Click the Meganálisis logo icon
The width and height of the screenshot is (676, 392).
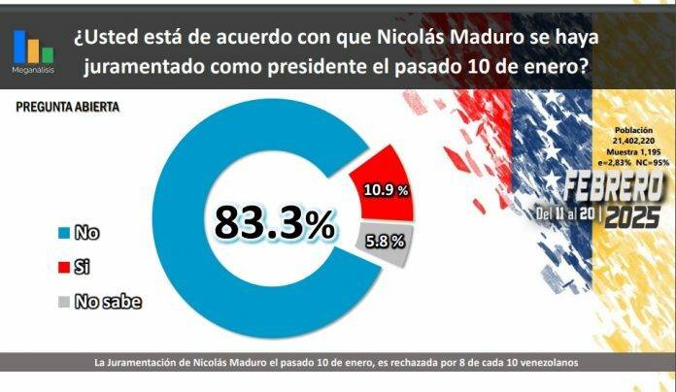[x=33, y=47]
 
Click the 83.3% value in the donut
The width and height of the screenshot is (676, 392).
[x=274, y=224]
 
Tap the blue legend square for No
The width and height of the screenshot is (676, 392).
[x=64, y=233]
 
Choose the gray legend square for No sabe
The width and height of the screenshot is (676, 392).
[x=64, y=302]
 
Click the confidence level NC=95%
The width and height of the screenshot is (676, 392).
[x=655, y=163]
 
